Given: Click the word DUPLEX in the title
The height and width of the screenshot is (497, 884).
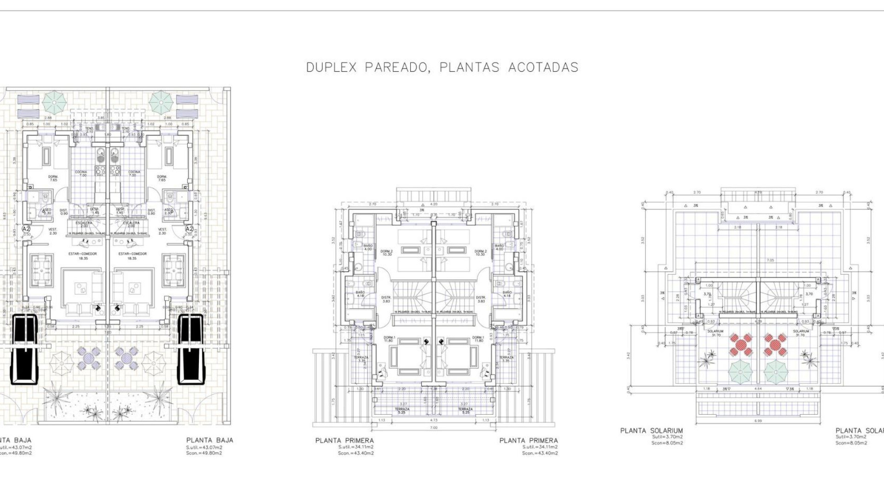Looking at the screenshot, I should (331, 68).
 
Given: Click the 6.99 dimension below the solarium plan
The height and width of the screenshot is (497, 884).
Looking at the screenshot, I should (757, 421).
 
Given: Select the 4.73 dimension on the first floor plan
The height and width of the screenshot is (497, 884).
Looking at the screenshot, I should (433, 420).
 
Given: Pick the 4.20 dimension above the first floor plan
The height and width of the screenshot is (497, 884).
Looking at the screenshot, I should (433, 203).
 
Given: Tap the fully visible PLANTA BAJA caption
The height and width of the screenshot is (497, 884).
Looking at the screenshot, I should (209, 440).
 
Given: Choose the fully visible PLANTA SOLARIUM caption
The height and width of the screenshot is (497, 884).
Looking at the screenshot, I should (651, 431).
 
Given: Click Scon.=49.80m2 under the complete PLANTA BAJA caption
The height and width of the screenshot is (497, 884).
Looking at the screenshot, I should (204, 453).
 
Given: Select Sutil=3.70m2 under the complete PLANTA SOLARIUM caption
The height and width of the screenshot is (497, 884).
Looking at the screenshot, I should (667, 437).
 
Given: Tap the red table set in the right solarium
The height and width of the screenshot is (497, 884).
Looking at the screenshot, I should (775, 345).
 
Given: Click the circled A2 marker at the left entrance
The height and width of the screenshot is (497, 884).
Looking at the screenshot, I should (26, 228).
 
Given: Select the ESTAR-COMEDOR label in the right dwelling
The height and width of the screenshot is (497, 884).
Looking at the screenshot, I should (133, 254).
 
